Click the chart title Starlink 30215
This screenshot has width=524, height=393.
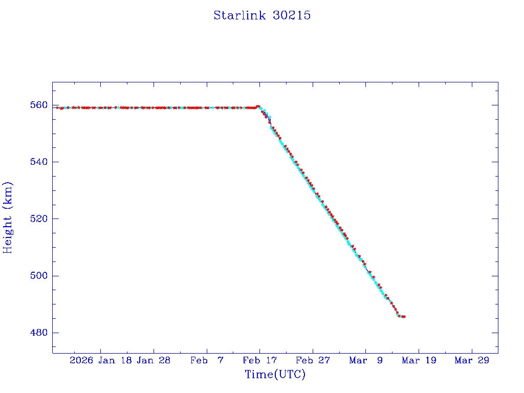coord(262,15)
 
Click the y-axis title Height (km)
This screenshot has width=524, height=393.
coord(8,217)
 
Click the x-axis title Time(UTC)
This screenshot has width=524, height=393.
coord(275,375)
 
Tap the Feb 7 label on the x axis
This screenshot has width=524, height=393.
coord(207,360)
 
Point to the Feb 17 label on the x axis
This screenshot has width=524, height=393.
coord(259,360)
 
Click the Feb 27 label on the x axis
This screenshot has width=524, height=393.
coord(313,360)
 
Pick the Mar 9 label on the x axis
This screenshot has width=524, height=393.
coord(366,360)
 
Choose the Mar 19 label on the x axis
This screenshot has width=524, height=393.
coord(419,360)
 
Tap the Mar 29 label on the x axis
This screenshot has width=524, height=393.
coord(472,360)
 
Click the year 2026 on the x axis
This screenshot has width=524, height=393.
coord(82,360)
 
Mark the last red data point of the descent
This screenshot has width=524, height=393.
coord(404,317)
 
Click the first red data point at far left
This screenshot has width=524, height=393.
coord(57,107)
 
